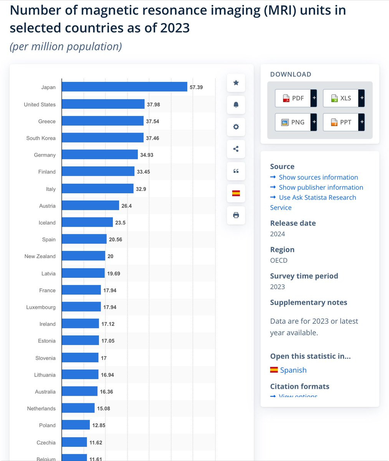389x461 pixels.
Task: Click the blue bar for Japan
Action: pyautogui.click(x=124, y=87)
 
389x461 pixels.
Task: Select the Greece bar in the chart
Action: pyautogui.click(x=103, y=121)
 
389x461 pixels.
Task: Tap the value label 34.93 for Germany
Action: pyautogui.click(x=147, y=155)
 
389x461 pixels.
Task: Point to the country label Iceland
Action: pyautogui.click(x=47, y=222)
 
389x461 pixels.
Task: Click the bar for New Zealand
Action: pyautogui.click(x=83, y=256)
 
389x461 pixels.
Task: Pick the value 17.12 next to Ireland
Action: pyautogui.click(x=108, y=324)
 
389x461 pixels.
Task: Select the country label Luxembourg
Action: pyautogui.click(x=41, y=307)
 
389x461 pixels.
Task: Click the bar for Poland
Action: pyautogui.click(x=76, y=425)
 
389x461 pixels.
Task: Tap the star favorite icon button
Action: pyautogui.click(x=236, y=83)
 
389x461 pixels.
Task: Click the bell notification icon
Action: pyautogui.click(x=236, y=105)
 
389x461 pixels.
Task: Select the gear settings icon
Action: pyautogui.click(x=236, y=127)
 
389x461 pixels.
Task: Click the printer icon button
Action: pyautogui.click(x=236, y=215)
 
